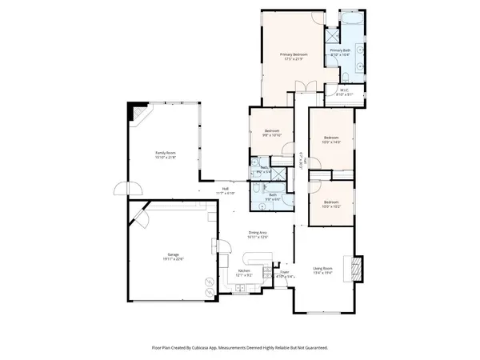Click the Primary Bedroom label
click(294, 56)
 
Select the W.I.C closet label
click(343, 92)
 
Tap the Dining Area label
click(258, 234)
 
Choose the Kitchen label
click(245, 273)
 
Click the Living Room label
click(323, 271)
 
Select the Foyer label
click(284, 274)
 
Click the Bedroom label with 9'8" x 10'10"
click(272, 132)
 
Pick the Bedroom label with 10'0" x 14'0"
click(332, 140)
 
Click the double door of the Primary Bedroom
click(301, 86)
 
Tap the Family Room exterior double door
click(128, 190)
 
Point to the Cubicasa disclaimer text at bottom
click(240, 348)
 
